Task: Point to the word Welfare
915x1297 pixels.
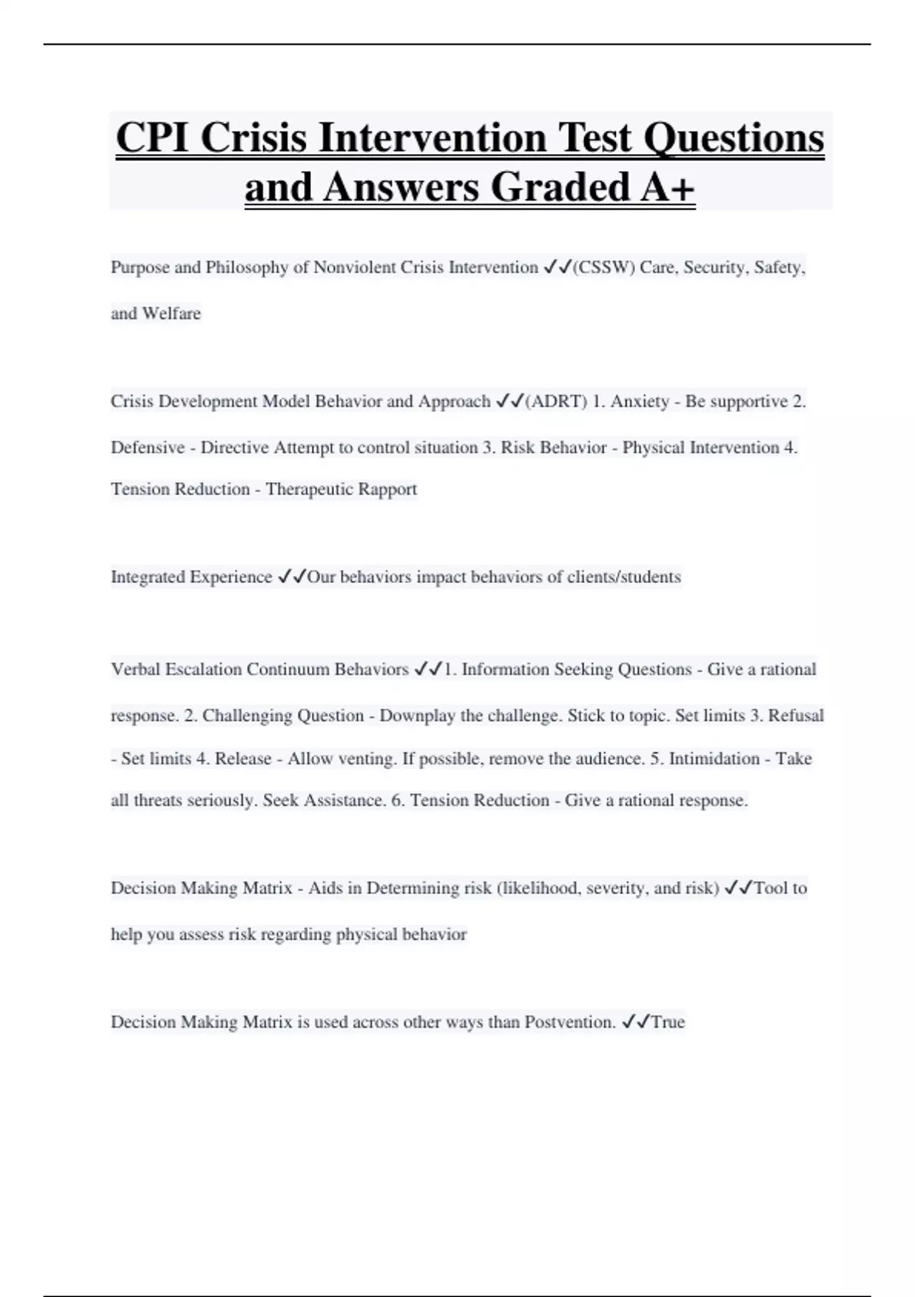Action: tap(172, 314)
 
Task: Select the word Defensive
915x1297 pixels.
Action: tap(147, 448)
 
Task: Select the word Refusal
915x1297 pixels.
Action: tap(795, 716)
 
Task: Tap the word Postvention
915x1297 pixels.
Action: tap(570, 1022)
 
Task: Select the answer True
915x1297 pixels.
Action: tap(668, 1022)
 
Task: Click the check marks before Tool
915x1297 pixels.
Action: tap(738, 888)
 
